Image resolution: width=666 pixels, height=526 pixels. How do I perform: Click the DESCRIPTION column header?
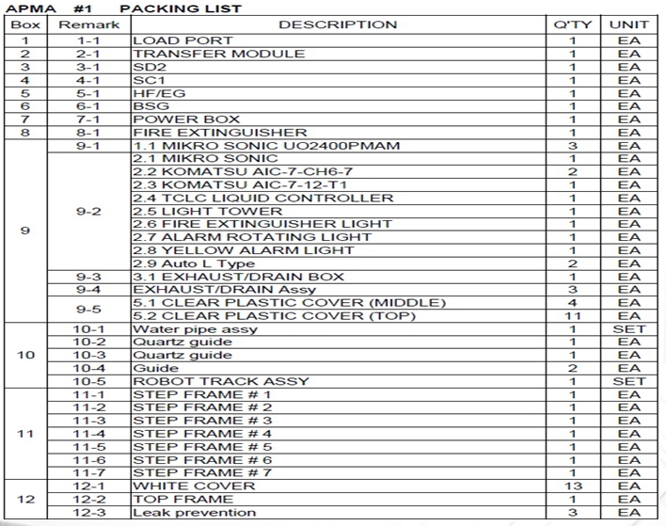click(338, 24)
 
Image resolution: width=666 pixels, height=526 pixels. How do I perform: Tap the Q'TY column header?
click(573, 24)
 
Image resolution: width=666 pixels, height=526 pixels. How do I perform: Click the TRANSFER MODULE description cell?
click(206, 54)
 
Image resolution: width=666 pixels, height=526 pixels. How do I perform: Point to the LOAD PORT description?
click(182, 40)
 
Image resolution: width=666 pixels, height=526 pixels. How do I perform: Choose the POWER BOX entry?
click(186, 120)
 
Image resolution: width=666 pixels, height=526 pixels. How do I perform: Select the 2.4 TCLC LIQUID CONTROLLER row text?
click(263, 198)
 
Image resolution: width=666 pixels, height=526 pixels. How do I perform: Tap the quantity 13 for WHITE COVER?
click(573, 486)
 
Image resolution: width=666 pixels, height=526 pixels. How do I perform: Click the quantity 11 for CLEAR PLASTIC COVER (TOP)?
click(573, 315)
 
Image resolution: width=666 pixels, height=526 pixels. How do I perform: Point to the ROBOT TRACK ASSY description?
click(221, 381)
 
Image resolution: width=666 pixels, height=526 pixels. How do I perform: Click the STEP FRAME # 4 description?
click(202, 434)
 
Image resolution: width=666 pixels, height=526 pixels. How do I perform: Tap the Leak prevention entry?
click(194, 513)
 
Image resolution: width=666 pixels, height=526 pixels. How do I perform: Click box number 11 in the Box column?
click(25, 434)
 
